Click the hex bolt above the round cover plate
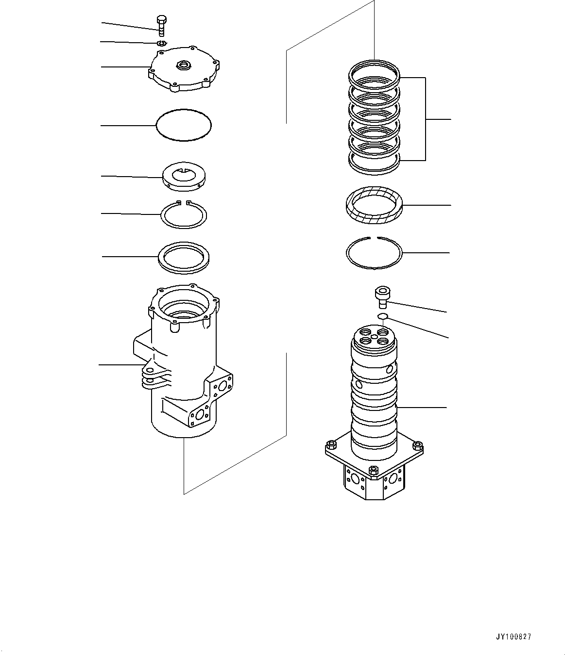tap(161, 25)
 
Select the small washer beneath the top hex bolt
tap(162, 44)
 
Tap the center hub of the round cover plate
tap(185, 65)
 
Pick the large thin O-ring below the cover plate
tap(184, 125)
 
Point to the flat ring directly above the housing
tap(184, 257)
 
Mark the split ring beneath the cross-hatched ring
tap(374, 253)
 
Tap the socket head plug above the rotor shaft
tap(381, 296)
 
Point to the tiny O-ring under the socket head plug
tap(382, 317)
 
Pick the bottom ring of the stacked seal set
tap(375, 162)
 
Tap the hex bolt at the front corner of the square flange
tap(373, 471)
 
